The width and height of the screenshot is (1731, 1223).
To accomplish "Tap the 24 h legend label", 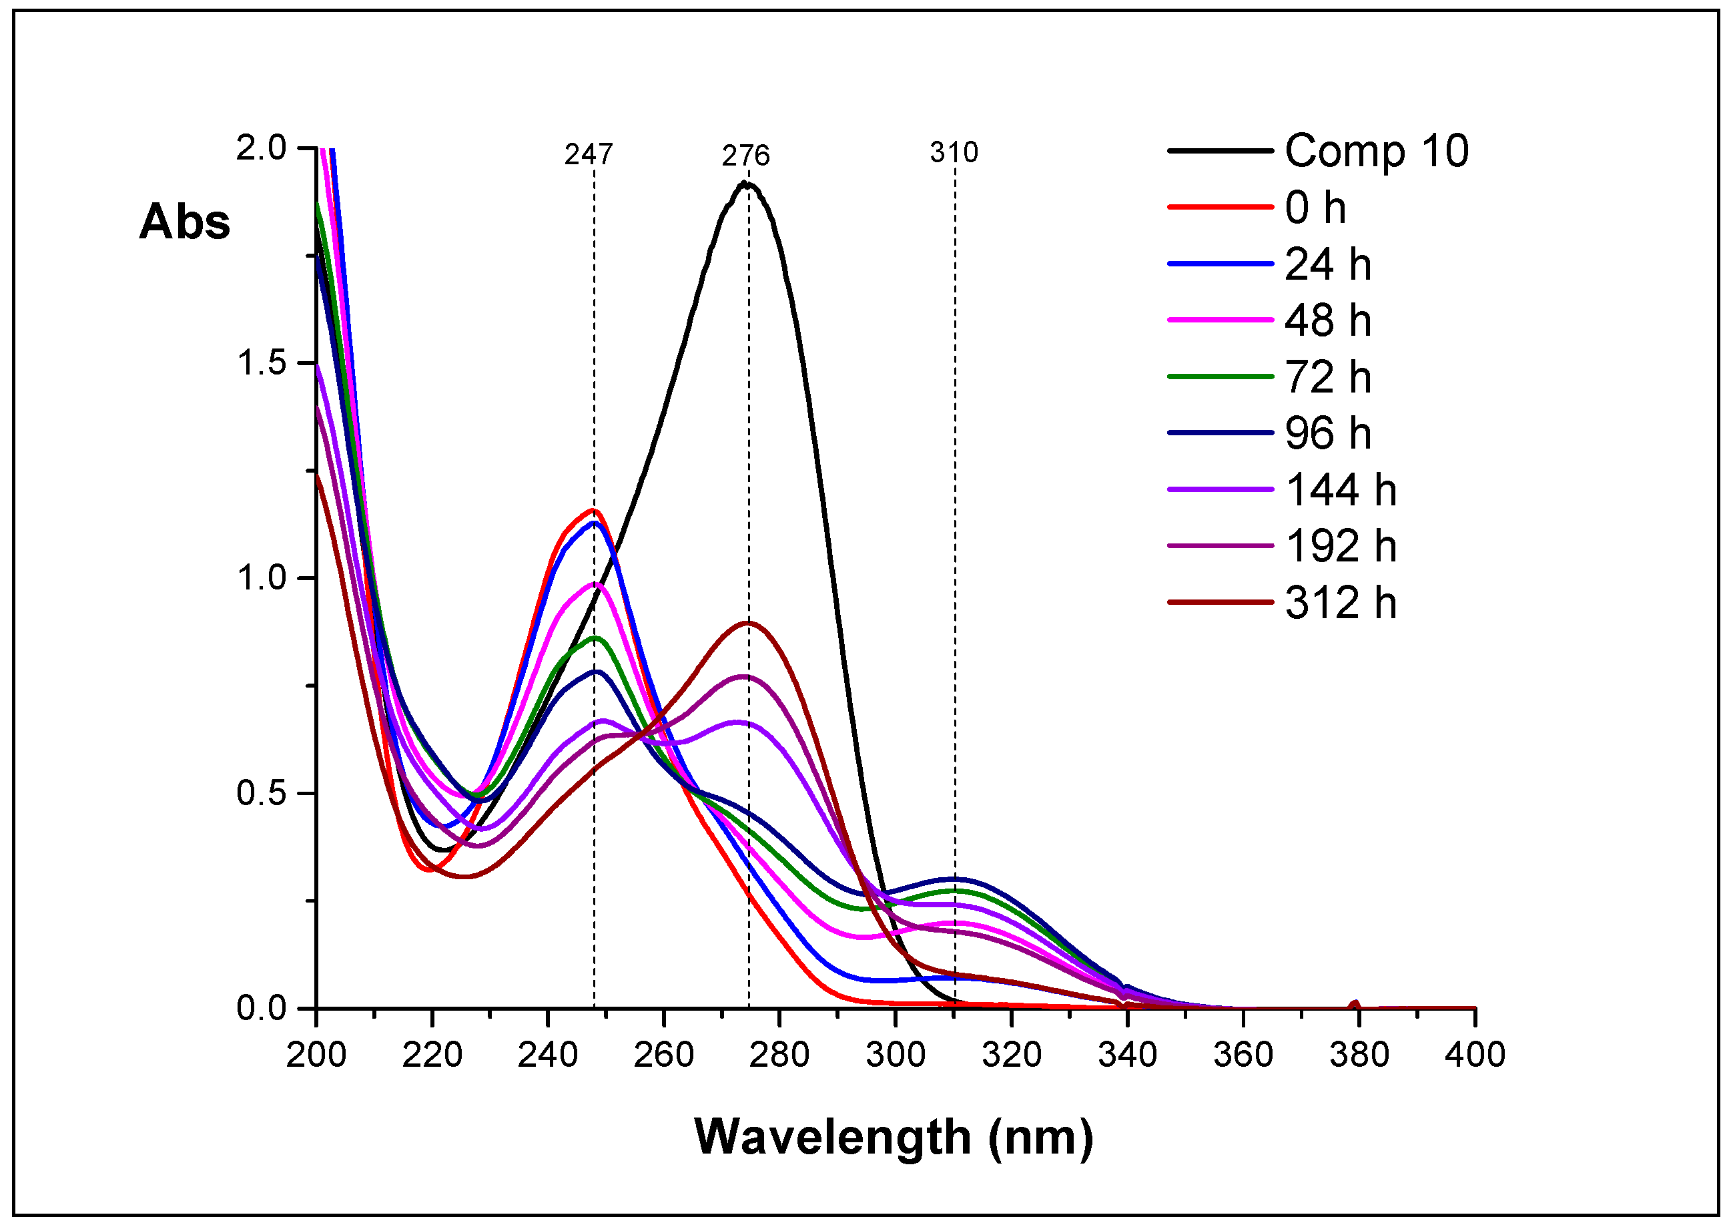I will (1327, 264).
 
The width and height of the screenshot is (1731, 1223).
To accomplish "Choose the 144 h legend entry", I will (1340, 490).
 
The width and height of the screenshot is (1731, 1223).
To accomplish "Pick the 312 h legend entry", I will (1340, 603).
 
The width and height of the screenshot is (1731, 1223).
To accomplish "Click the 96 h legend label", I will (1327, 433).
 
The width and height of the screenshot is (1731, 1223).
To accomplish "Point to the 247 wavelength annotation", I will (589, 155).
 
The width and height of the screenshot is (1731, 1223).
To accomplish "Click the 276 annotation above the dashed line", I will (745, 156).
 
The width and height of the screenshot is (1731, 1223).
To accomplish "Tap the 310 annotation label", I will (954, 153).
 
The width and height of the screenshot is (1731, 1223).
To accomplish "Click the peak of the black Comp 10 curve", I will (745, 183).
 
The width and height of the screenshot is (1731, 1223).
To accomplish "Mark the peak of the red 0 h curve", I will (593, 511).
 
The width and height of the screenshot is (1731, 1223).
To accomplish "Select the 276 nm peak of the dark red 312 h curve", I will (749, 623).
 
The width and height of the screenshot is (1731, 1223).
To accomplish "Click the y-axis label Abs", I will (185, 222).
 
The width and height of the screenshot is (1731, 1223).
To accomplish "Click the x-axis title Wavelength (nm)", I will (894, 1137).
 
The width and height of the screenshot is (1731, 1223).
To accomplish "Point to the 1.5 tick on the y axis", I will (262, 363).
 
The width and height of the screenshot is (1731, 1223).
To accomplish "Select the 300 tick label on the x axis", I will (895, 1054).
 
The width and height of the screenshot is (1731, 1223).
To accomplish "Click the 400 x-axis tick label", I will (1474, 1054).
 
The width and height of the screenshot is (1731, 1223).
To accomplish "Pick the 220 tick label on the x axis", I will (431, 1054).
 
